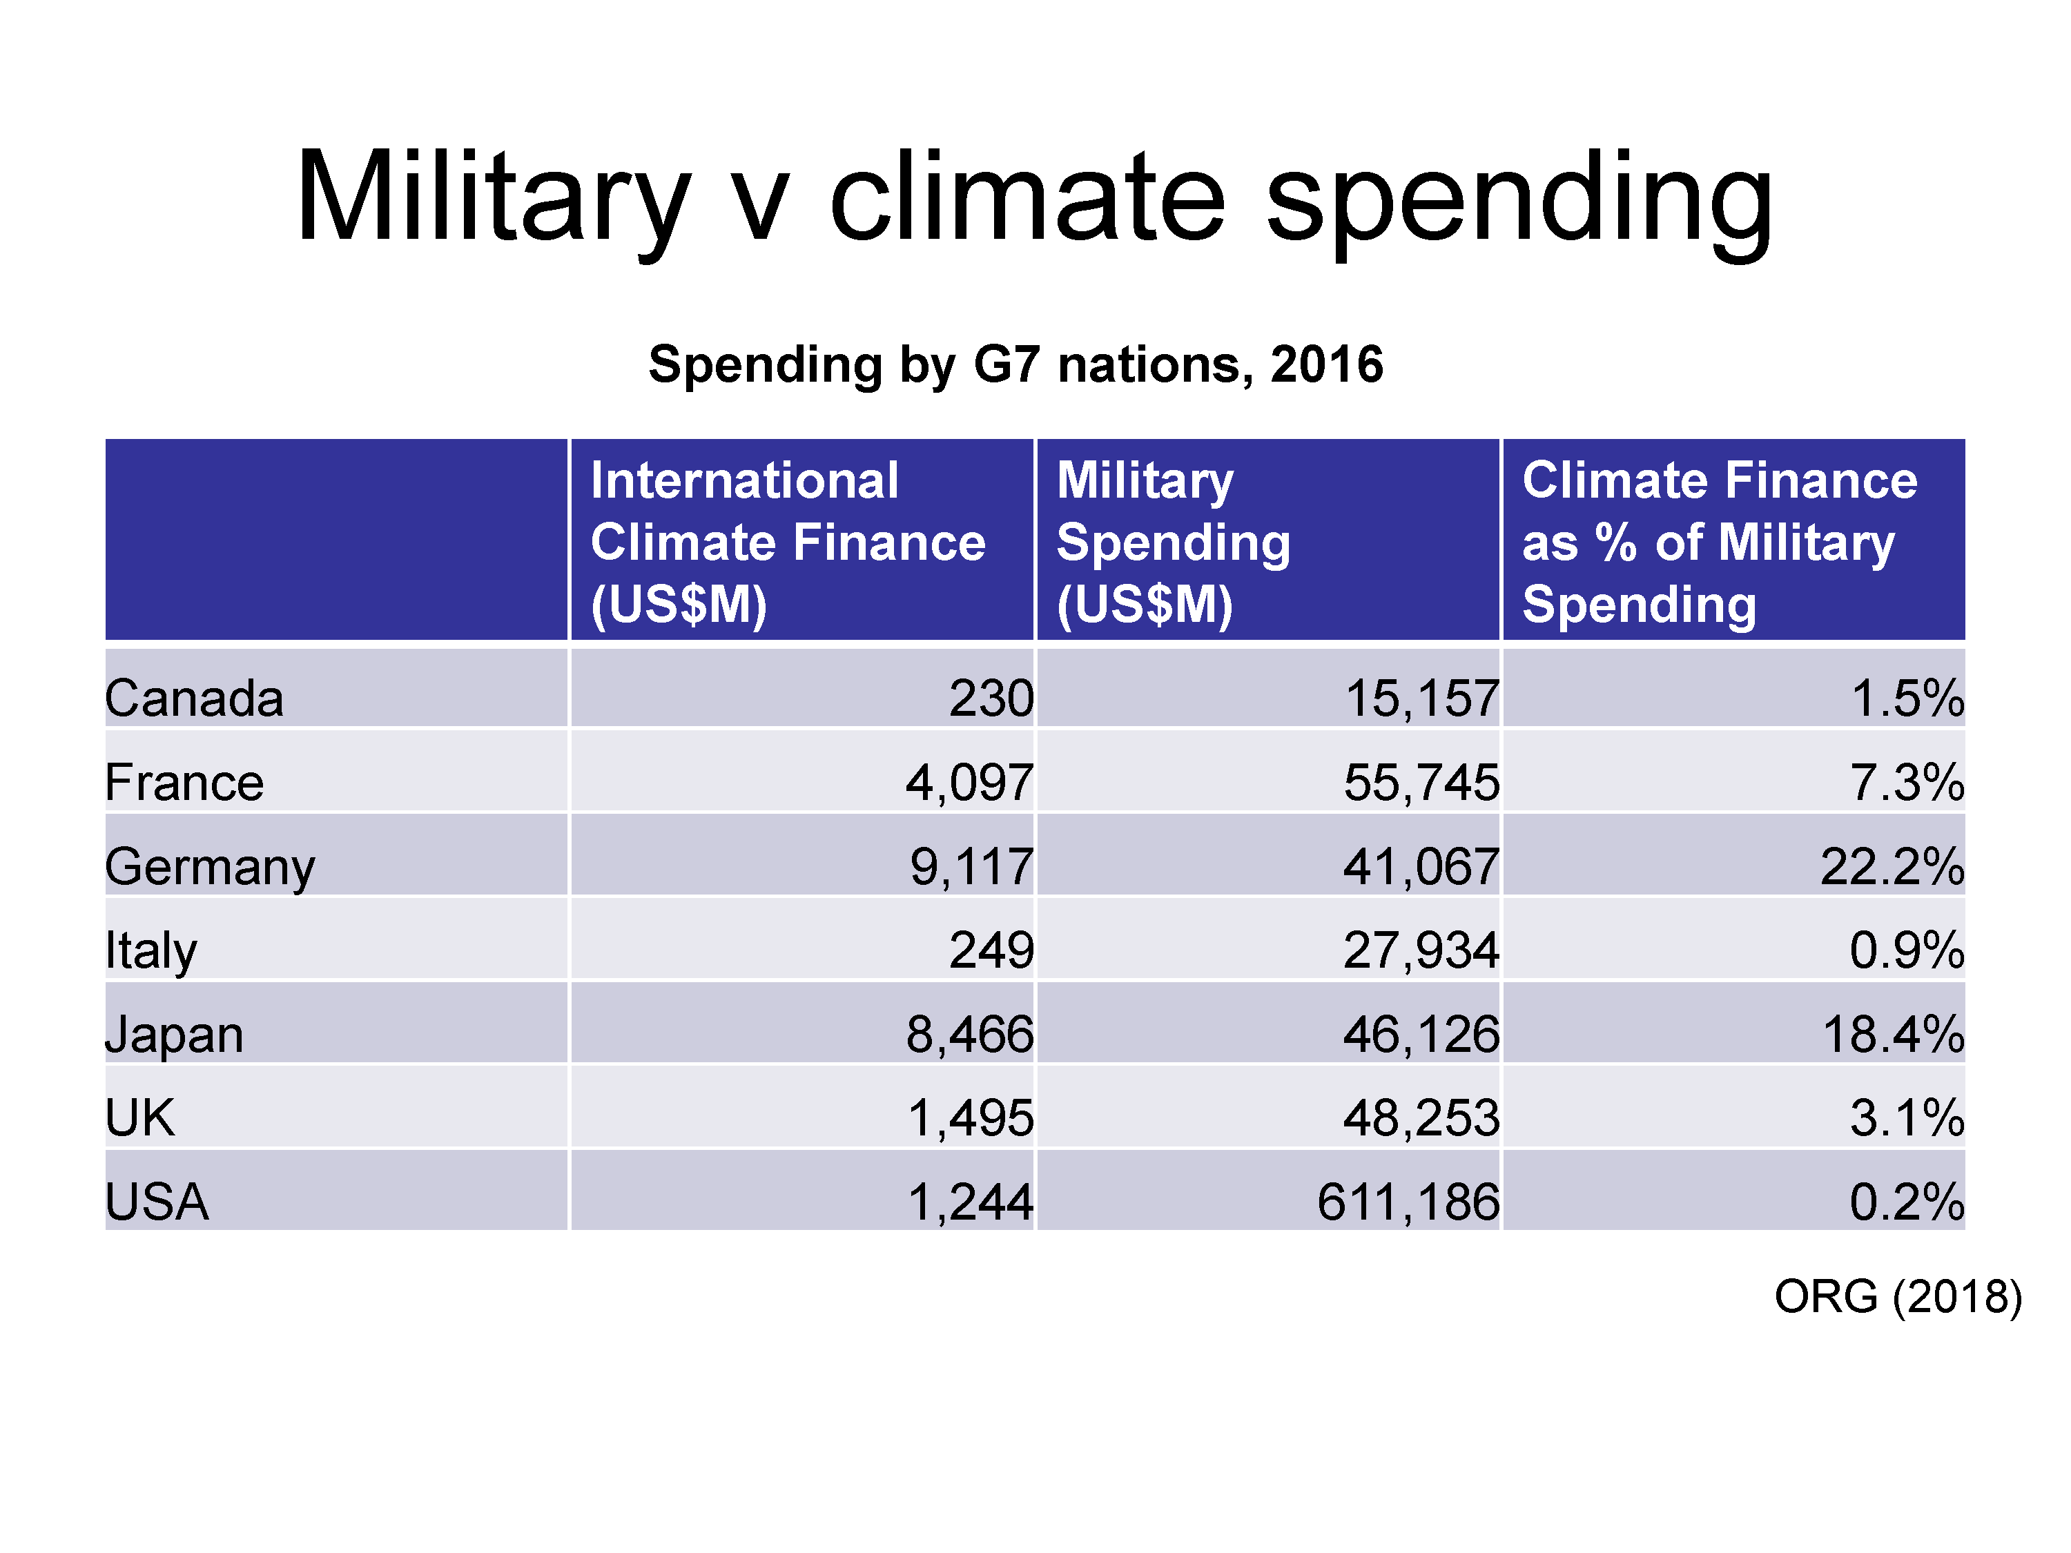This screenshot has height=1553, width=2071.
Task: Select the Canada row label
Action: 194,699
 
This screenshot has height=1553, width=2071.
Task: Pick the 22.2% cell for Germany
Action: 1892,866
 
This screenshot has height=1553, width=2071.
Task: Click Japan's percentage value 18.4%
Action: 1892,1035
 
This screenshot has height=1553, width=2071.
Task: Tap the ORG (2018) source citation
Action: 1898,1296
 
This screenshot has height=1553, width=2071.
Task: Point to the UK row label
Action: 139,1117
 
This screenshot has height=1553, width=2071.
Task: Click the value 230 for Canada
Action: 991,699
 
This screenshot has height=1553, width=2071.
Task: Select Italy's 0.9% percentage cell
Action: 1906,950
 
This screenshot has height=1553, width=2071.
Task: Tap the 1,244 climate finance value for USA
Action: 970,1202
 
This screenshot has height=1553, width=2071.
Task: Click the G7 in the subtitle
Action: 1007,364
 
